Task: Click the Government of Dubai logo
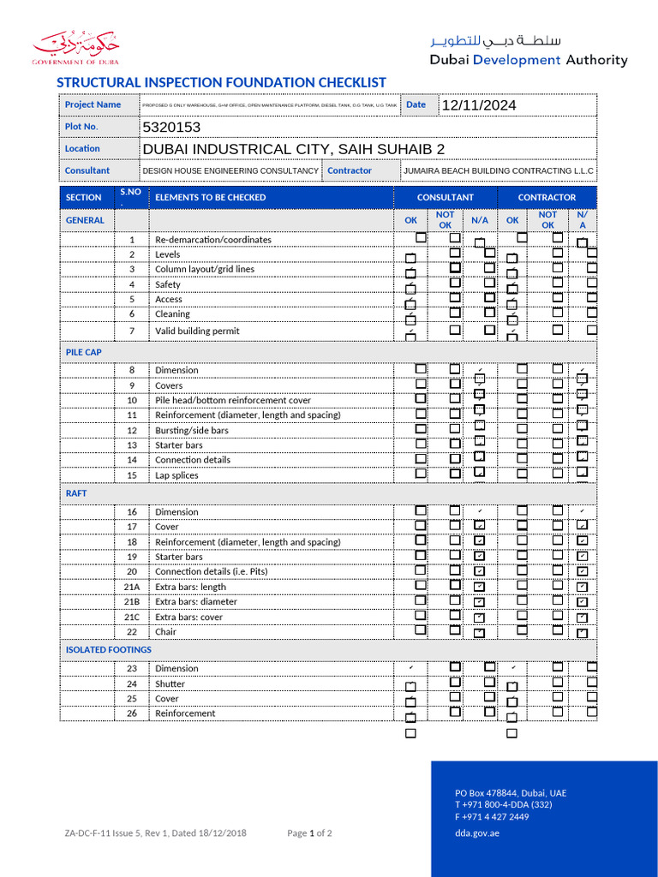coord(75,48)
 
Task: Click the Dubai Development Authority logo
coord(528,51)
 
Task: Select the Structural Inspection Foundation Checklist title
coord(221,82)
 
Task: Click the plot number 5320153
coord(171,127)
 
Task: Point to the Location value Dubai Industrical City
coord(293,149)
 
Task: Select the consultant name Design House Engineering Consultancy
coord(230,170)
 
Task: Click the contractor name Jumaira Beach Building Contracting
coord(498,170)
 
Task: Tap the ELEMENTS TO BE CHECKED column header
coord(210,197)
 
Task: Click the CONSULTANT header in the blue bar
coord(445,197)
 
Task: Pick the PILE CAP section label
coord(83,352)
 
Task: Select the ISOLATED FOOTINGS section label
coord(108,649)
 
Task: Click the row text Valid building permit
coord(197,331)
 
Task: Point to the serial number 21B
coord(132,601)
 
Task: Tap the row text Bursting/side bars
coord(191,430)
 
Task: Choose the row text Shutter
coord(170,683)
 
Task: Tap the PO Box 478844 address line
coord(510,793)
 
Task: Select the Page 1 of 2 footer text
coord(309,833)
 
